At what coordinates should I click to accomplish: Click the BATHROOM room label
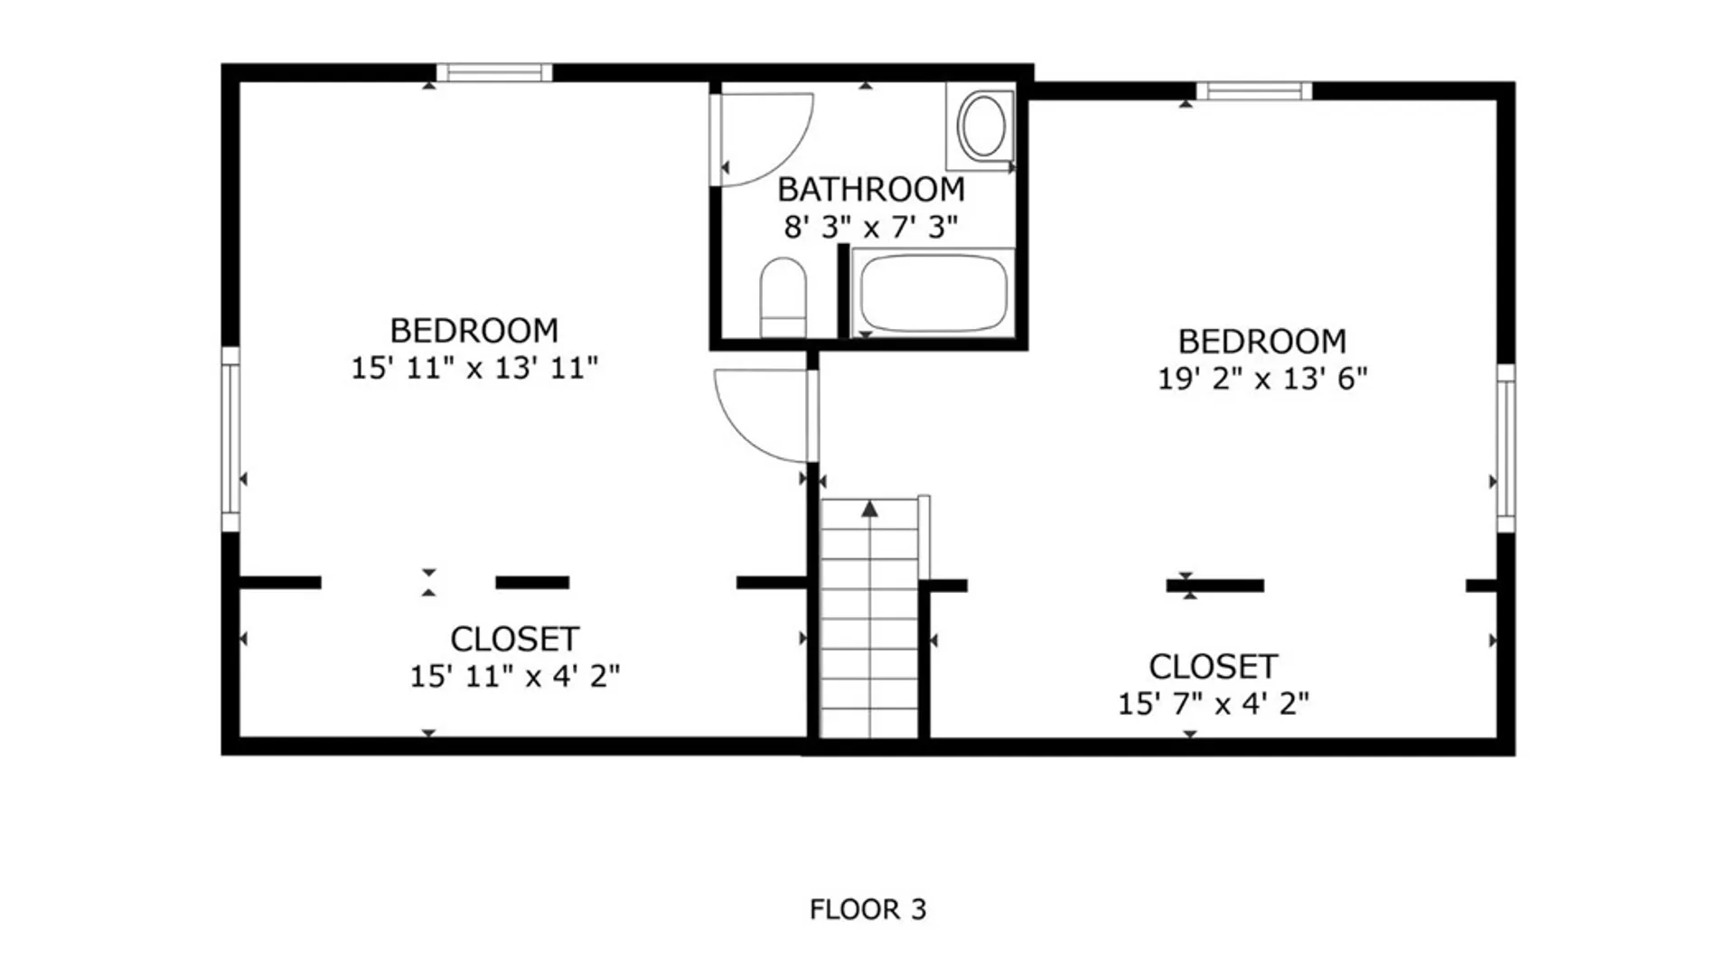(x=871, y=190)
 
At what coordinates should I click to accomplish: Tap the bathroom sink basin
(x=982, y=127)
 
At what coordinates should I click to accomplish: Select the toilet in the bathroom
(x=783, y=297)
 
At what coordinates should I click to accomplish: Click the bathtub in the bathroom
(x=933, y=292)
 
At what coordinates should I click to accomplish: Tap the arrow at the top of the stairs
(x=869, y=509)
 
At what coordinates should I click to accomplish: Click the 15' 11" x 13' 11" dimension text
(x=474, y=368)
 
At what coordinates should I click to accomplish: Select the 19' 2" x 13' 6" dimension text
(x=1262, y=379)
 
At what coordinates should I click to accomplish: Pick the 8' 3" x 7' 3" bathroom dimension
(x=871, y=227)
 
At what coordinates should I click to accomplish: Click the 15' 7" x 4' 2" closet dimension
(x=1214, y=704)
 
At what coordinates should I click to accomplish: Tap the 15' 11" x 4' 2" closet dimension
(x=515, y=676)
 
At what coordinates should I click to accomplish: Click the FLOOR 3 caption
(x=868, y=909)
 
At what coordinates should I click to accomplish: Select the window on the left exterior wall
(x=230, y=439)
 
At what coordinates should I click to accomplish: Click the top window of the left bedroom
(x=494, y=72)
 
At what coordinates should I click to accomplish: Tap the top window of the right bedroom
(x=1254, y=90)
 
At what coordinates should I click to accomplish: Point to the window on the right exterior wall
(x=1505, y=448)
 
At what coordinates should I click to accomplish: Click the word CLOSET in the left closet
(x=515, y=639)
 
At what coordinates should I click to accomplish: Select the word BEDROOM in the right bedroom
(x=1262, y=342)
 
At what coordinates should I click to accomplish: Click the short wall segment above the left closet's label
(x=532, y=583)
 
